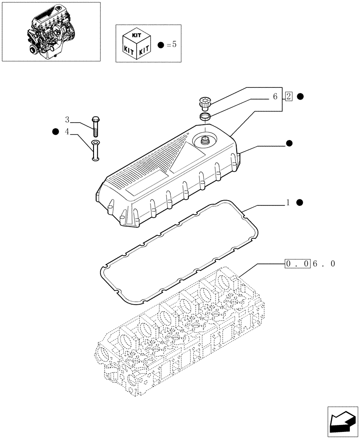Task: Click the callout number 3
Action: pos(67,120)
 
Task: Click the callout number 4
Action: pos(67,131)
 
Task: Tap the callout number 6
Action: pos(275,97)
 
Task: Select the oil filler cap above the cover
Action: pos(205,103)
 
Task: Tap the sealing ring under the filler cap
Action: pos(205,116)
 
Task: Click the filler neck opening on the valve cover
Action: pos(205,140)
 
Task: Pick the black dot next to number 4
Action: pos(55,131)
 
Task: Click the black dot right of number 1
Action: pos(300,202)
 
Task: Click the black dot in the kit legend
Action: pos(160,44)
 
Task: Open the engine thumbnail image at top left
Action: pos(51,31)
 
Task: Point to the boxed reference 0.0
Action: pos(298,264)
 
